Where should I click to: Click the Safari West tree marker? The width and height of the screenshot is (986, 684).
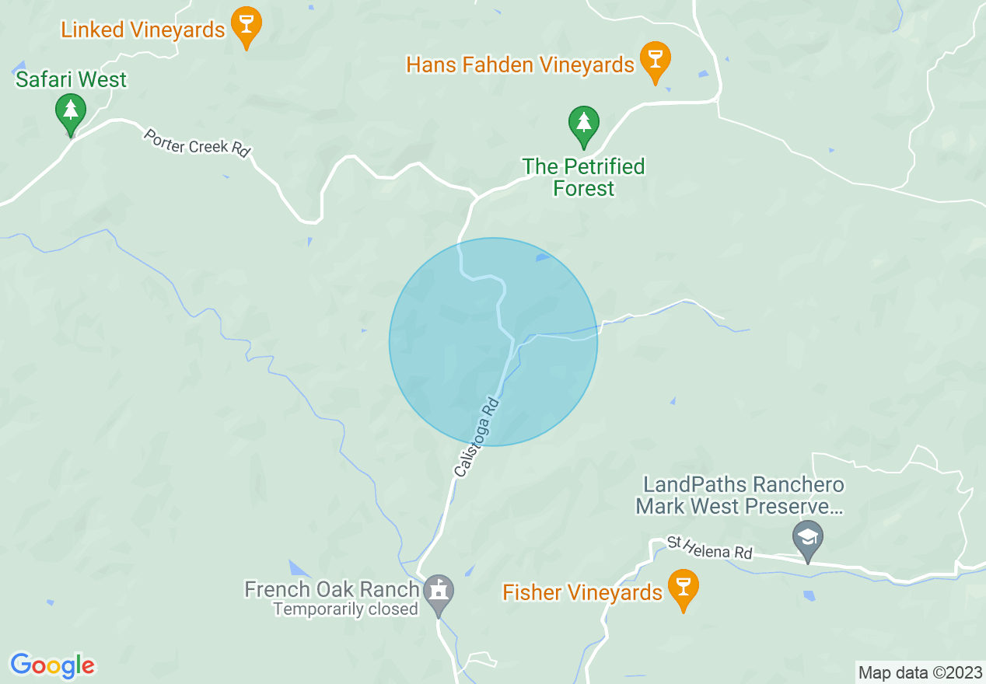coord(71,112)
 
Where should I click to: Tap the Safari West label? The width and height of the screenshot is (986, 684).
coord(71,79)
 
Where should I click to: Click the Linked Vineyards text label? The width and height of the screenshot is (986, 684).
coord(143,30)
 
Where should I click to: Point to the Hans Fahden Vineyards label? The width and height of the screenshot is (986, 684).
coord(520,65)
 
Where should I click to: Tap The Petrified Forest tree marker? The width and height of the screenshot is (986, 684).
coord(583,124)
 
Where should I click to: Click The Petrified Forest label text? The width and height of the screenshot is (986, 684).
coord(583,177)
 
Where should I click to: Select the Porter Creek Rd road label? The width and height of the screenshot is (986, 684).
coord(198,143)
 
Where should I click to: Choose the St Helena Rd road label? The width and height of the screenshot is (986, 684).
coord(711,548)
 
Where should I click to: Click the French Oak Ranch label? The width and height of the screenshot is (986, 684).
coord(332,589)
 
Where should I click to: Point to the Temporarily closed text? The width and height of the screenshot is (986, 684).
coord(345,609)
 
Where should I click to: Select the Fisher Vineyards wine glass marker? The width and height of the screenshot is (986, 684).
coord(684,588)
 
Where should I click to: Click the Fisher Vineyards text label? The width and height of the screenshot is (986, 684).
coord(582,593)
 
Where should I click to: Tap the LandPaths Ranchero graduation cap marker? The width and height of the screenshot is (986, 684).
coord(808,537)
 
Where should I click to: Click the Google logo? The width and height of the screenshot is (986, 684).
coord(52,665)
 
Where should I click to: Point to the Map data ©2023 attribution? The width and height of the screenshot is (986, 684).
coord(919,672)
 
